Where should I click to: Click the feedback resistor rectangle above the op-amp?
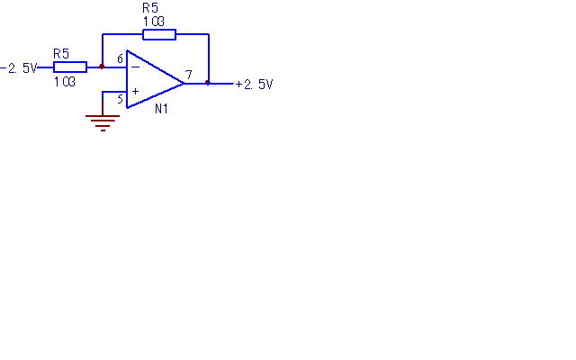point(159,34)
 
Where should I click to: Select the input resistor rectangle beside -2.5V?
point(70,67)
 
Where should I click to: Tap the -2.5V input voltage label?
point(19,68)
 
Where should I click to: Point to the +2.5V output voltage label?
point(254,85)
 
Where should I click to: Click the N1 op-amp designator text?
point(161,109)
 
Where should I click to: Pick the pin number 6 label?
point(120,58)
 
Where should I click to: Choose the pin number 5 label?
point(120,99)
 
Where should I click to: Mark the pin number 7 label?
point(189,75)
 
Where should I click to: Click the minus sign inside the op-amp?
point(135,67)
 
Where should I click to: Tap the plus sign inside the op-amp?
point(135,91)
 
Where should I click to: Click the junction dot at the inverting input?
point(102,67)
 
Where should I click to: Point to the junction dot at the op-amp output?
point(208,83)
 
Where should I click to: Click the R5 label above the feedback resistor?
point(150,8)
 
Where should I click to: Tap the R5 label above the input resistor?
point(61,54)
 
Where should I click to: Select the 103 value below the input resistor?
point(65,82)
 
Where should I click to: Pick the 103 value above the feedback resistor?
point(154,22)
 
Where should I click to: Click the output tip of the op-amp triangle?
point(184,84)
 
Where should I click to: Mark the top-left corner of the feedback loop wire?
point(103,34)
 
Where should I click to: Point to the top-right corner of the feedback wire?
point(209,34)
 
